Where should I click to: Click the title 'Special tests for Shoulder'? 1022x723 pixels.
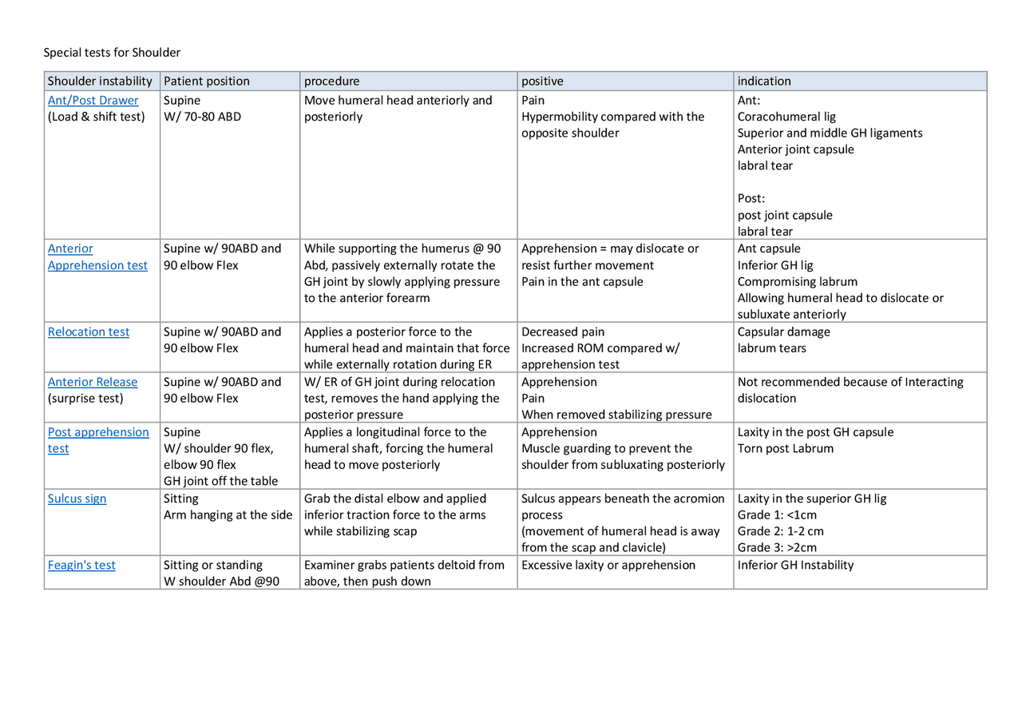[x=112, y=53]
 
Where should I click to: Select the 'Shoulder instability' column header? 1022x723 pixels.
[x=100, y=81]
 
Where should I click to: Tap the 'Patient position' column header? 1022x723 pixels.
[x=206, y=81]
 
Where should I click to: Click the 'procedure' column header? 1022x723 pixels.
[x=331, y=81]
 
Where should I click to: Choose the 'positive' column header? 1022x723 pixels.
[x=542, y=81]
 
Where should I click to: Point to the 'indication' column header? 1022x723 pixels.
[x=764, y=81]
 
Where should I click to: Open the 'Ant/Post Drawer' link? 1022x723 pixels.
[x=93, y=101]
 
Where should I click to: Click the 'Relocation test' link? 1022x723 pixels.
[x=88, y=332]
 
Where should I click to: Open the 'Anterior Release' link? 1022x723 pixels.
[x=92, y=383]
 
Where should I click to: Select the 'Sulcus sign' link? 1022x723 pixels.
[x=77, y=499]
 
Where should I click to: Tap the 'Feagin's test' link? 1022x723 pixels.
[x=81, y=566]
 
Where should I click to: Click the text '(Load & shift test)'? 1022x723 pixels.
[x=97, y=117]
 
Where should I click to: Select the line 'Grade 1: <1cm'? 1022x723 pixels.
[x=777, y=515]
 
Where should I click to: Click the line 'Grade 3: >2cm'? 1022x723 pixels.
[x=777, y=548]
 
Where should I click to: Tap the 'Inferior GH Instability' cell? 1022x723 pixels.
[x=795, y=566]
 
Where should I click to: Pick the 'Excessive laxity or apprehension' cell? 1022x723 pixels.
[x=608, y=566]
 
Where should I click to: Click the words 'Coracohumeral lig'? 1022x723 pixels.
[x=786, y=117]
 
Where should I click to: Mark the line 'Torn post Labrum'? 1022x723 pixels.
[x=785, y=449]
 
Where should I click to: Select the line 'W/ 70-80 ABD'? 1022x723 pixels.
[x=202, y=117]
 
